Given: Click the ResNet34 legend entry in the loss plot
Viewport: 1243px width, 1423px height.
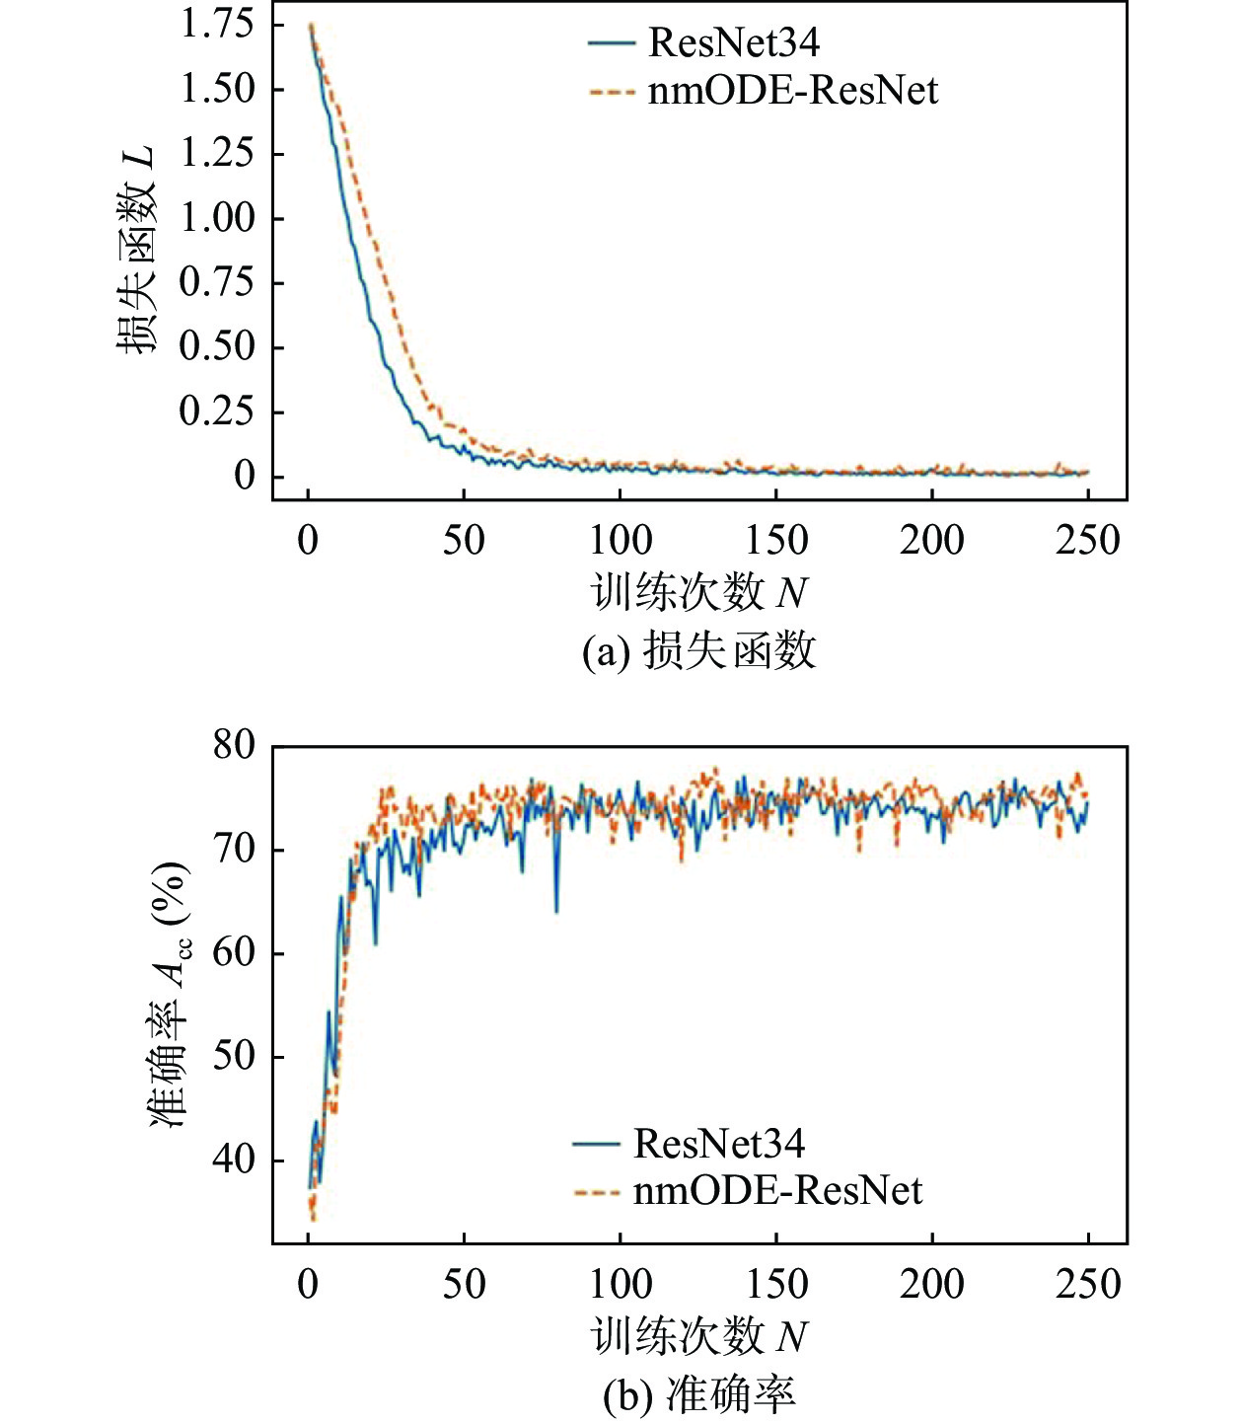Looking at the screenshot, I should (733, 42).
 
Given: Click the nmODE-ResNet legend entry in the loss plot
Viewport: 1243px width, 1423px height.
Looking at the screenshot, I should (792, 91).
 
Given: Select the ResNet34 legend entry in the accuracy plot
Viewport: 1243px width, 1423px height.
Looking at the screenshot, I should (718, 1143).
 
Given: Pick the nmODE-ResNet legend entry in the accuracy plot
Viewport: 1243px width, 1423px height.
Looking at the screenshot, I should (777, 1190).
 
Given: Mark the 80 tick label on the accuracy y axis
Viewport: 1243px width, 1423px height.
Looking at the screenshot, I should (235, 745).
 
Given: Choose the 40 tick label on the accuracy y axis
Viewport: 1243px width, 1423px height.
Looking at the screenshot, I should (235, 1160).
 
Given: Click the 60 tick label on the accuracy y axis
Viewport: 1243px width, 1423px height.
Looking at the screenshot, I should (235, 952).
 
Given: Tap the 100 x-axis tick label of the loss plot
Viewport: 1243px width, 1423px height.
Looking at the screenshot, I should (621, 540).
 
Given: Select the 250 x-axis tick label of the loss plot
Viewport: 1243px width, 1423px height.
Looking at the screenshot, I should (1088, 540).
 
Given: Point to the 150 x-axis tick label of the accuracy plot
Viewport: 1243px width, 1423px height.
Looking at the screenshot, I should (776, 1284).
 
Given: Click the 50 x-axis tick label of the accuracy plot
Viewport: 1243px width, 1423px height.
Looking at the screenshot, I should (464, 1284).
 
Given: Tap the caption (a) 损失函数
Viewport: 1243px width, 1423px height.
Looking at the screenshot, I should (698, 651).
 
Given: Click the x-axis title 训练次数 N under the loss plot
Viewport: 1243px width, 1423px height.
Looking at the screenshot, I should (698, 593).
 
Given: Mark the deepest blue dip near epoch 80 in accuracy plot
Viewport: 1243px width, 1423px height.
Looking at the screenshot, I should (556, 909).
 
